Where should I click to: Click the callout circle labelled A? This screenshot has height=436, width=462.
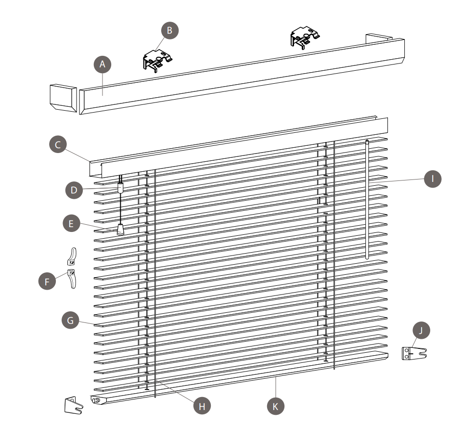coord(103,64)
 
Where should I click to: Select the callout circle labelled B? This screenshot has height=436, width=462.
coord(170,30)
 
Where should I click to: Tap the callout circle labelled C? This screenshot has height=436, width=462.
coord(58,144)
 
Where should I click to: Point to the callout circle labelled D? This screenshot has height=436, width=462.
coord(74,190)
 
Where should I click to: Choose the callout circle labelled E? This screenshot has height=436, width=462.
coord(72,223)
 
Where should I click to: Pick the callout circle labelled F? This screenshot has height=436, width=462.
coord(47,282)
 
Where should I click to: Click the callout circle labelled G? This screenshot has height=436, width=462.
coord(70,320)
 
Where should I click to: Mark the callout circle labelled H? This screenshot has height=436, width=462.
coord(202,406)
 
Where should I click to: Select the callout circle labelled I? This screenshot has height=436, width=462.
coord(433,179)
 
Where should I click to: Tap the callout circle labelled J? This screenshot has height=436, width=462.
coord(421,330)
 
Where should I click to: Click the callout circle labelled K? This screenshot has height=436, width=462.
coord(275,406)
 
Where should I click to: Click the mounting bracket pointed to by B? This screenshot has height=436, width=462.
coord(157,61)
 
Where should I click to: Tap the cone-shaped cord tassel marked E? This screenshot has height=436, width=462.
coord(120,230)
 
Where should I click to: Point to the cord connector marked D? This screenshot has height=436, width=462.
coord(120,187)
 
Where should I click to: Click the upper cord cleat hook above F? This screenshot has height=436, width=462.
coord(72,256)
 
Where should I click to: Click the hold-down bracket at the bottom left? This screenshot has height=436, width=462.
coord(73,406)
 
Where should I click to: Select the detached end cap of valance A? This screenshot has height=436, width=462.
coord(64,98)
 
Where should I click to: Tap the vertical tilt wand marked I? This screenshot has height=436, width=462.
coord(367,200)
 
